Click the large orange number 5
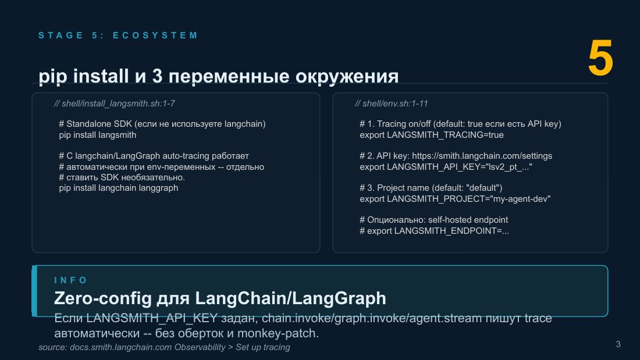click(x=600, y=58)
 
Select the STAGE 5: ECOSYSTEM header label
click(x=118, y=35)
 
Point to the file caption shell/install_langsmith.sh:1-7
click(x=114, y=104)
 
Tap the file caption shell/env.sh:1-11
click(x=391, y=104)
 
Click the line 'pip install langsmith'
click(x=98, y=135)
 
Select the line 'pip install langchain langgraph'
click(x=118, y=188)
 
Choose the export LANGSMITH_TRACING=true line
click(x=432, y=135)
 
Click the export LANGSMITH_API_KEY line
click(x=446, y=167)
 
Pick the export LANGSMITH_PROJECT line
click(x=455, y=199)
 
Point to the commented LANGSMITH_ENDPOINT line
click(x=434, y=231)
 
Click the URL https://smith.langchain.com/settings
click(x=482, y=156)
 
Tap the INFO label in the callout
click(x=71, y=280)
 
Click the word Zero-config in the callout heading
click(x=103, y=298)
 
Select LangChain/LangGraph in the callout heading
click(x=290, y=298)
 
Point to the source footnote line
click(x=164, y=347)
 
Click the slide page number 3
click(x=618, y=344)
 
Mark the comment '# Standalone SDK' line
click(x=162, y=124)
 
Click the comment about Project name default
click(x=431, y=188)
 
